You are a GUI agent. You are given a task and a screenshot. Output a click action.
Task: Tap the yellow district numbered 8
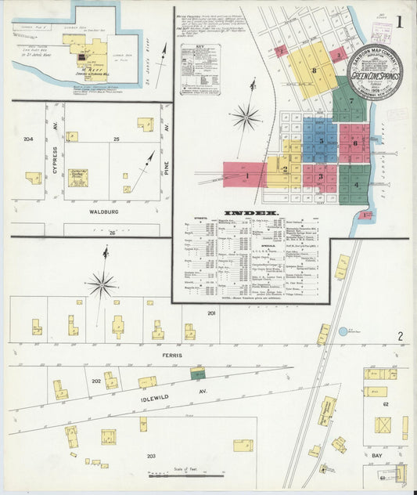pyautogui.click(x=313, y=69)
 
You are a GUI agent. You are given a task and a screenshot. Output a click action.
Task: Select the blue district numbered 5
pyautogui.click(x=320, y=139)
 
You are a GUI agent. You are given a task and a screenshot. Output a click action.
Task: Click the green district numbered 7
pyautogui.click(x=350, y=100)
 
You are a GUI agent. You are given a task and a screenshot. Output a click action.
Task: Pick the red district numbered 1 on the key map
pyautogui.click(x=246, y=175)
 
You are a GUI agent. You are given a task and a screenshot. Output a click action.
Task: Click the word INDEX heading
pyautogui.click(x=250, y=213)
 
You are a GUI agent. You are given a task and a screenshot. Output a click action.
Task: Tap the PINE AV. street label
pyautogui.click(x=167, y=146)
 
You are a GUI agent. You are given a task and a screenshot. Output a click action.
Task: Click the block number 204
pyautogui.click(x=28, y=139)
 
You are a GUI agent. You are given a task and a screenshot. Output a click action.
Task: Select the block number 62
pyautogui.click(x=385, y=404)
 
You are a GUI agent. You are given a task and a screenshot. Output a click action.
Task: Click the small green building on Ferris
pyautogui.click(x=197, y=374)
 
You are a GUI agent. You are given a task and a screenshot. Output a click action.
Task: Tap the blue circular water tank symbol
pyautogui.click(x=343, y=332)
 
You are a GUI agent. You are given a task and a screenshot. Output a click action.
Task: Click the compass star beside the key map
pyautogui.click(x=246, y=117)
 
